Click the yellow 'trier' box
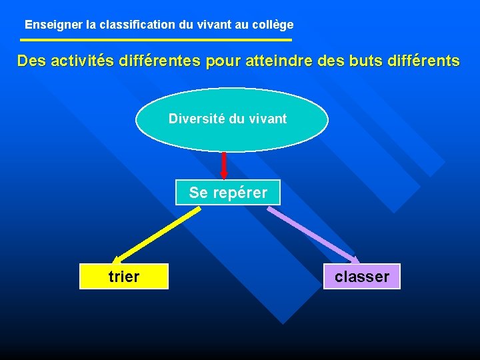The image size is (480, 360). [x=124, y=276]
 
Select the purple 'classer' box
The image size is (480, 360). [x=362, y=276]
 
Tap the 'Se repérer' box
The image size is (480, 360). [x=228, y=193]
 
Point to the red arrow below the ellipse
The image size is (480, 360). [x=224, y=166]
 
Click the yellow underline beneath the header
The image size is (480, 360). [x=156, y=41]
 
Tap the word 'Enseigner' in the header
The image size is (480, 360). [x=54, y=25]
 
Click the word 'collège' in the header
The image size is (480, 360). [x=273, y=25]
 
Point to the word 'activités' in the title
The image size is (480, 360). [x=79, y=61]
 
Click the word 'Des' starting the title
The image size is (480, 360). [x=31, y=61]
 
